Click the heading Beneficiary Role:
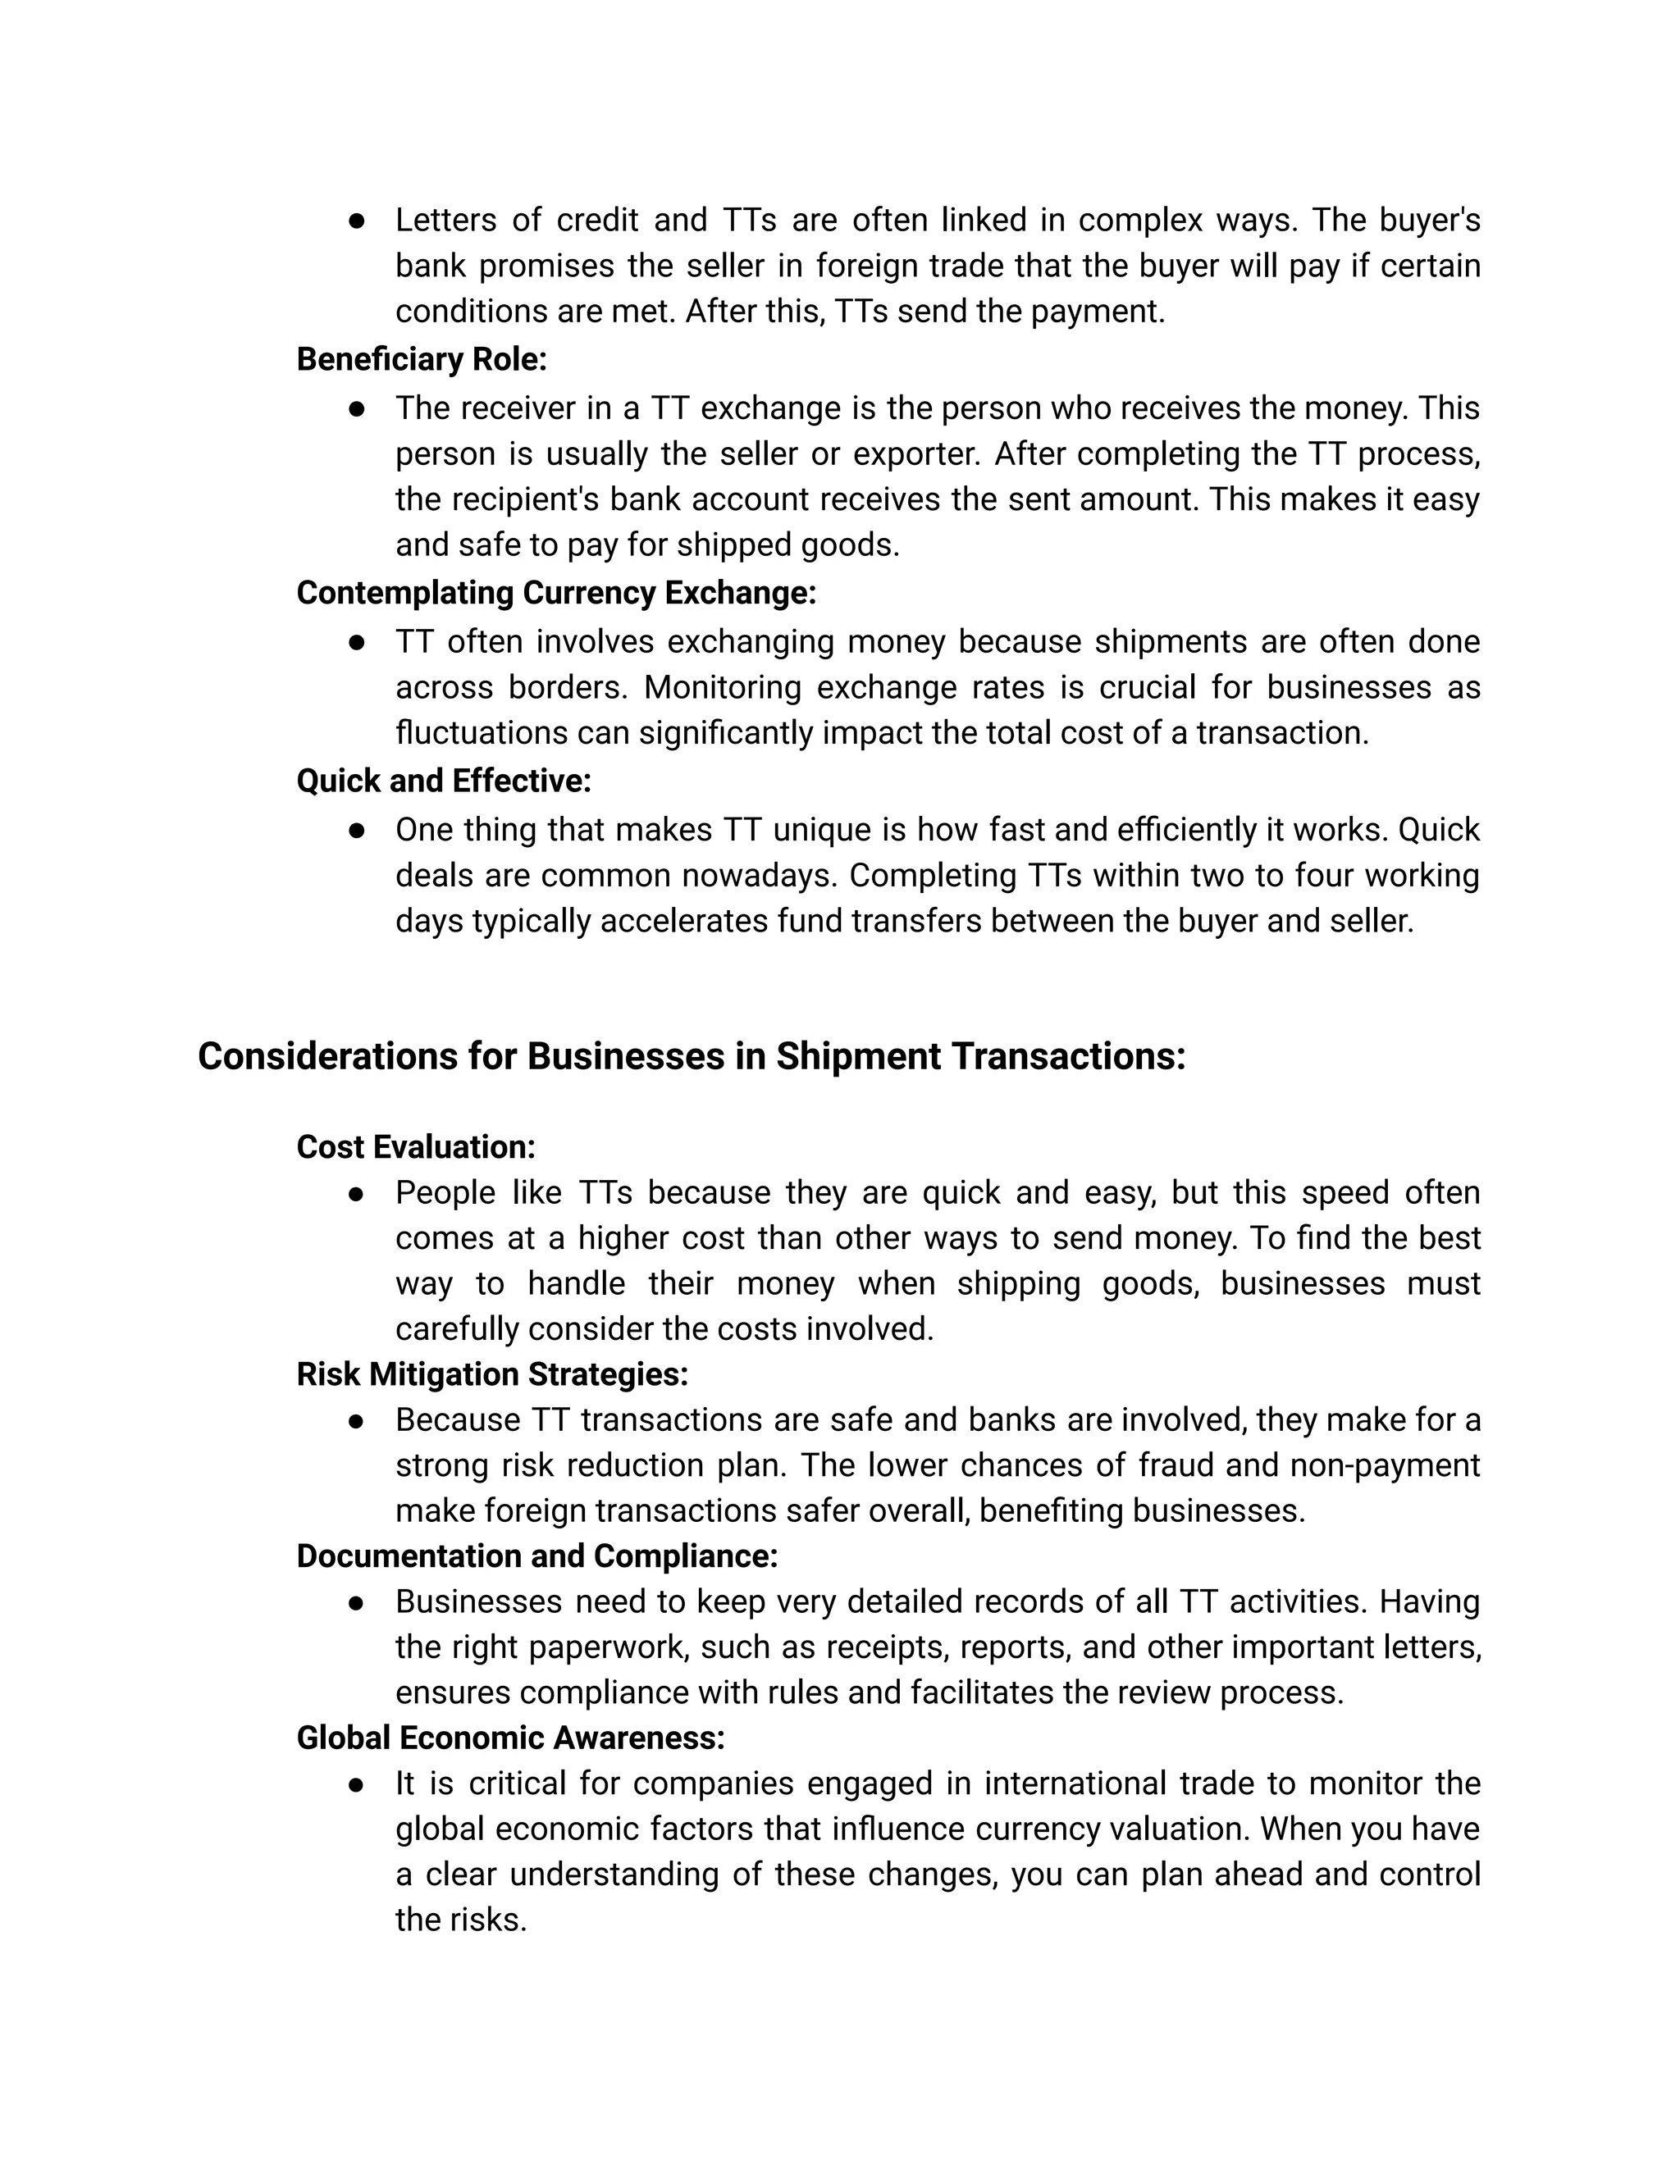click(422, 359)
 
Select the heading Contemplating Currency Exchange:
click(556, 593)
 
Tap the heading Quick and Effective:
click(444, 781)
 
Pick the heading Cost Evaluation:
click(416, 1147)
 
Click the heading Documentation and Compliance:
click(537, 1556)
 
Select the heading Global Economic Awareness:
click(510, 1738)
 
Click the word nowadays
click(756, 876)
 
